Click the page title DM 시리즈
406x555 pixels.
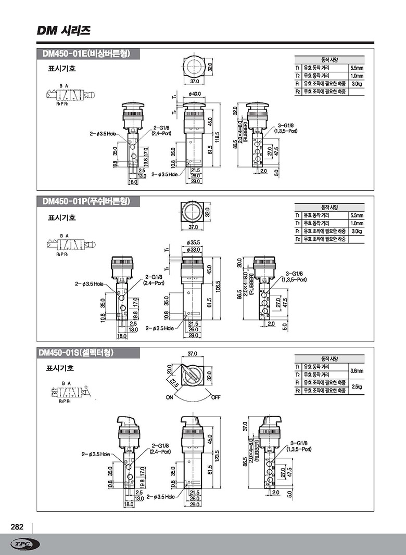tap(64, 31)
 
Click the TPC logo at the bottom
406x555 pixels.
tap(24, 544)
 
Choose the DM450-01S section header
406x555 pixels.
tap(76, 353)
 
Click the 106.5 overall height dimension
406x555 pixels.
tap(218, 287)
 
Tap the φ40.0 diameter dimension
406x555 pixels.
tap(195, 94)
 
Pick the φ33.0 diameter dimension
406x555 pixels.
tap(194, 250)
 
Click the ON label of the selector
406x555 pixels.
tap(169, 397)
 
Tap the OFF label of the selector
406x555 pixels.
tap(217, 397)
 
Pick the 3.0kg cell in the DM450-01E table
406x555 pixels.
tap(356, 84)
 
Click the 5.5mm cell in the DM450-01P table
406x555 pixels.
tap(356, 215)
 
